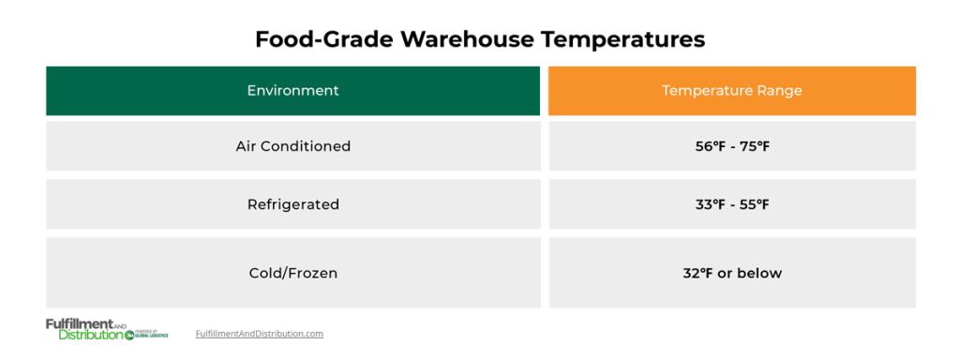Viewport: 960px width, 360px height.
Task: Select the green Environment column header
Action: pos(292,91)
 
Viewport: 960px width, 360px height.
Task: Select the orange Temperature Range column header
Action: pos(731,91)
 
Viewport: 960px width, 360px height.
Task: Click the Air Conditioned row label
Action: pos(292,146)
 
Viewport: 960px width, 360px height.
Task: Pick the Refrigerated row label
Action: pos(292,204)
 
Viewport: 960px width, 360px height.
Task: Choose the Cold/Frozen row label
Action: pos(292,273)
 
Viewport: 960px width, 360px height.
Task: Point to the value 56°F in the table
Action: pos(702,146)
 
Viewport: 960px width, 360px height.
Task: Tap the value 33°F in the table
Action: pos(702,204)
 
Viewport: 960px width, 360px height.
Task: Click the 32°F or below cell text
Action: pos(731,273)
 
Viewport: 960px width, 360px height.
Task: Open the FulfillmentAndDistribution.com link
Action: pos(260,334)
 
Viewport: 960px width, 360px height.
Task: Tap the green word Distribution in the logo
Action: pos(90,335)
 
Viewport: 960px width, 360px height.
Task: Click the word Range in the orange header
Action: pos(780,91)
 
